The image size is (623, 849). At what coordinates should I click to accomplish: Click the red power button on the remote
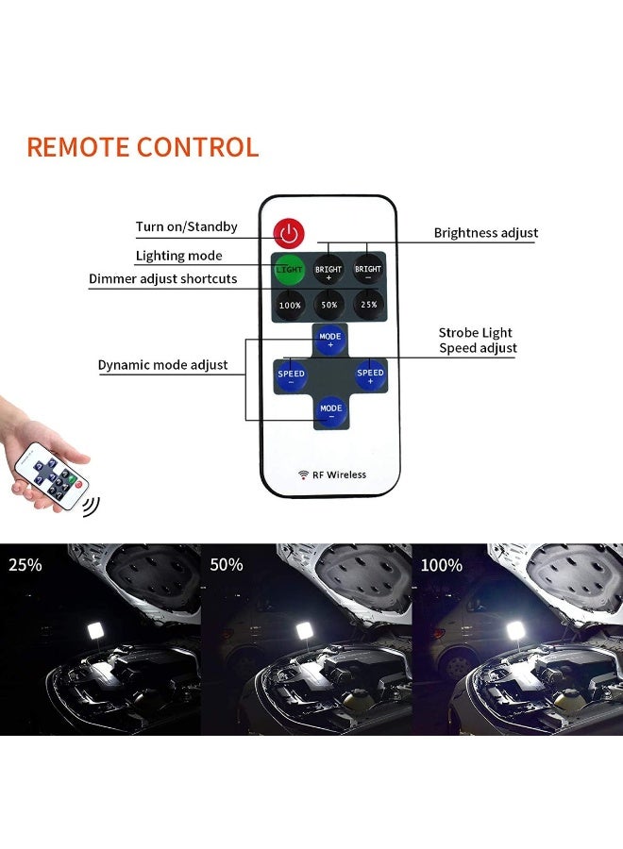pos(289,234)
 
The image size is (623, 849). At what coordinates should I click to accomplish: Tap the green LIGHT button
pos(289,269)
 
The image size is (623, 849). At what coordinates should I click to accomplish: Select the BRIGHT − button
pos(368,269)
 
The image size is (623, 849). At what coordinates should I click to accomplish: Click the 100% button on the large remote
pos(290,305)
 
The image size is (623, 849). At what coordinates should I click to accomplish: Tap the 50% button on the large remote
pos(328,305)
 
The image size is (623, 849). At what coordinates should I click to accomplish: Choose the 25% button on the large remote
pos(368,305)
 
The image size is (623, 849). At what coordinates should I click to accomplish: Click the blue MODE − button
pos(330,411)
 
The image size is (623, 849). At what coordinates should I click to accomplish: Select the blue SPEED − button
pos(291,376)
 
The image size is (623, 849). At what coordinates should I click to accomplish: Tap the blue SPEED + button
pos(371,375)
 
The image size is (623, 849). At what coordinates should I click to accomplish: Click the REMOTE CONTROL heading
pos(143,147)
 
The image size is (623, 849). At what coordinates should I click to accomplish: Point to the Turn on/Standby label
pos(186,226)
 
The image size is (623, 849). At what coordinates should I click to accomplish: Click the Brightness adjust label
pos(486,233)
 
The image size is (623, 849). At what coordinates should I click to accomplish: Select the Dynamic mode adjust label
pos(162,365)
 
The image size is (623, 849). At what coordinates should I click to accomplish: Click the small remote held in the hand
pos(52,476)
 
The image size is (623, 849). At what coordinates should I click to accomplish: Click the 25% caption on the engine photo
pos(25,565)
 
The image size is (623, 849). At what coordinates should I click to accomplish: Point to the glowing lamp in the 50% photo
pos(307,630)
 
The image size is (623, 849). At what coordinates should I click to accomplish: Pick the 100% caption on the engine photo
pos(442,565)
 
